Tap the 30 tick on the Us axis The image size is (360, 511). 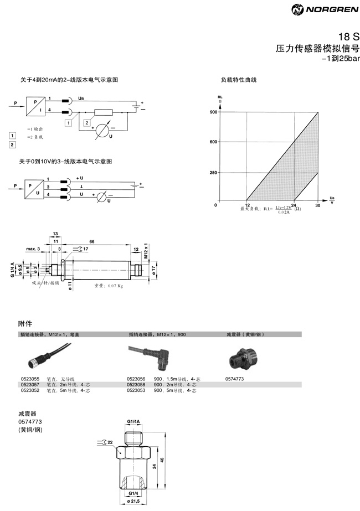point(318,206)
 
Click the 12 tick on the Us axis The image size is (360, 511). point(246,206)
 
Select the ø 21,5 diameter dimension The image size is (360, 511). point(133,501)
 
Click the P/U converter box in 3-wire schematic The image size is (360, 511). point(34,187)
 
